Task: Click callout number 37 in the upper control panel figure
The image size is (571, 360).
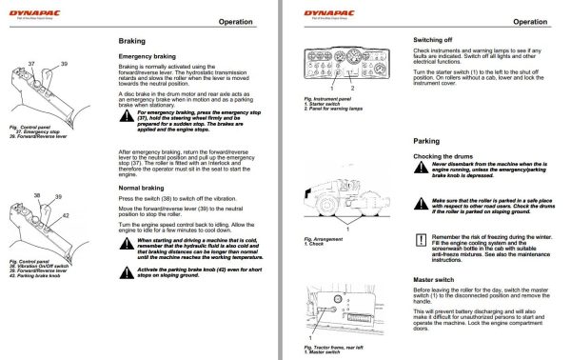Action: coord(31,63)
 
